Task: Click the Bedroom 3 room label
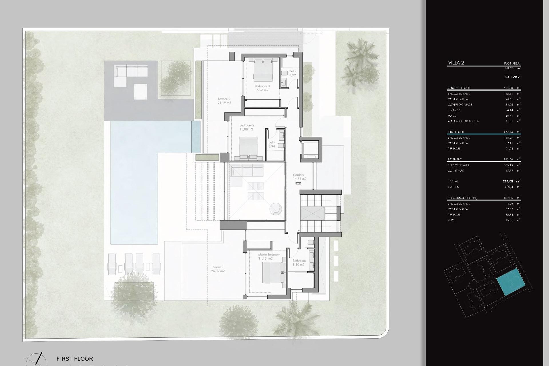[x=262, y=88]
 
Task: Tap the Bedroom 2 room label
[x=246, y=127]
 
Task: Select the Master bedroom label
[x=269, y=256]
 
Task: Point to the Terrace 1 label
[x=217, y=269]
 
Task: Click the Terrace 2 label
[x=224, y=101]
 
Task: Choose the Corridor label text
[x=299, y=177]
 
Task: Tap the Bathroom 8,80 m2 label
[x=299, y=262]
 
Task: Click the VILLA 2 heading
[x=456, y=63]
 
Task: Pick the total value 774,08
[x=508, y=181]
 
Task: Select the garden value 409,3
[x=509, y=187]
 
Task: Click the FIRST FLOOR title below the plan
[x=75, y=359]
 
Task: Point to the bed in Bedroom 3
[x=263, y=70]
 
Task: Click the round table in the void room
[x=276, y=210]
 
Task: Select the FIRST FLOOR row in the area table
[x=456, y=132]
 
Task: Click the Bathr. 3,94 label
[x=272, y=144]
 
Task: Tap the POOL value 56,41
[x=509, y=116]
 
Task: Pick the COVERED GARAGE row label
[x=460, y=105]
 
